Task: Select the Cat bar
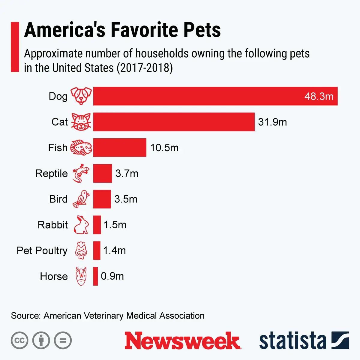point(174,122)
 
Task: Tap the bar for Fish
point(120,148)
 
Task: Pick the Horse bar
point(95,276)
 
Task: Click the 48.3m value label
point(319,96)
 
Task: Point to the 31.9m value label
point(272,122)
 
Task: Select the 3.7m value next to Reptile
point(127,173)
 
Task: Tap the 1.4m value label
point(114,250)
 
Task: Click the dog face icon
point(81,96)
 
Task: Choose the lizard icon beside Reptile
point(81,173)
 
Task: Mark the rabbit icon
point(81,225)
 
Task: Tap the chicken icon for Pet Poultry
point(81,250)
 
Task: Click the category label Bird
point(58,199)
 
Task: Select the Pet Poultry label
point(42,250)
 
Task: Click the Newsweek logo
point(182,341)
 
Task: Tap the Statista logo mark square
point(340,340)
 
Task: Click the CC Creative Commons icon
point(19,340)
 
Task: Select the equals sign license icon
point(63,340)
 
